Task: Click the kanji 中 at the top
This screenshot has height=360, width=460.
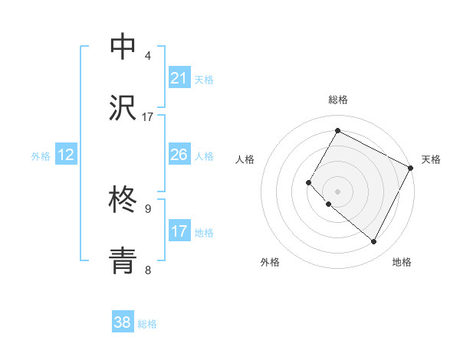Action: pyautogui.click(x=123, y=47)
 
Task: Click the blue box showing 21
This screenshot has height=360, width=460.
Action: pyautogui.click(x=179, y=78)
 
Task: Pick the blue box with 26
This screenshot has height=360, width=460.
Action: pyautogui.click(x=179, y=155)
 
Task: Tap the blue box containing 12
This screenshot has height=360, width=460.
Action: pyautogui.click(x=66, y=155)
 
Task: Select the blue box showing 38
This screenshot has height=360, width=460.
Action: pyautogui.click(x=123, y=322)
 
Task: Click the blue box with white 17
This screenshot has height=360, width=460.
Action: pyautogui.click(x=179, y=231)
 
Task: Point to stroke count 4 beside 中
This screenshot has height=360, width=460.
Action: pyautogui.click(x=148, y=55)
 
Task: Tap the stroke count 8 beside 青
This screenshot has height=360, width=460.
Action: pyautogui.click(x=148, y=270)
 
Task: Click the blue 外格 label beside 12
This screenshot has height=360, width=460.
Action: pyautogui.click(x=41, y=156)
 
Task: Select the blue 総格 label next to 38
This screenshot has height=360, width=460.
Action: pyautogui.click(x=147, y=324)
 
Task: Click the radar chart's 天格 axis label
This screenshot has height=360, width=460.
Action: pyautogui.click(x=431, y=159)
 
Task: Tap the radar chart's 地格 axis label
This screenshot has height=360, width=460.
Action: pyautogui.click(x=402, y=262)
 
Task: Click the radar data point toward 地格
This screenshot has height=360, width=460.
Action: pyautogui.click(x=373, y=242)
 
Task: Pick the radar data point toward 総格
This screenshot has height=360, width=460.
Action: pyautogui.click(x=337, y=130)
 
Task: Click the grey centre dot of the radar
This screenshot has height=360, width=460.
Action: pyautogui.click(x=337, y=191)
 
